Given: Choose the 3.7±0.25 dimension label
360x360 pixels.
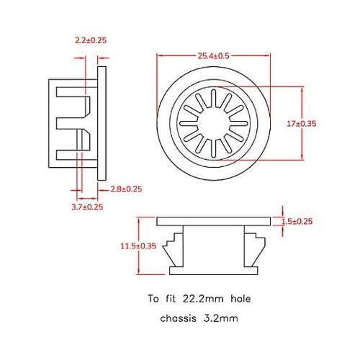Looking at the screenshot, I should click(87, 207).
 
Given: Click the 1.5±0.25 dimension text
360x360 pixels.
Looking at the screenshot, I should click(298, 221).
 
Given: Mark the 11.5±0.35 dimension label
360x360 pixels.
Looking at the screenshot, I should click(139, 246).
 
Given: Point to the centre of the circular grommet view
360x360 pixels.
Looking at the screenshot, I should click(213, 122).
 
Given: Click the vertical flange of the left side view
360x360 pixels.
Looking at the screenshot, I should click(102, 122).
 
